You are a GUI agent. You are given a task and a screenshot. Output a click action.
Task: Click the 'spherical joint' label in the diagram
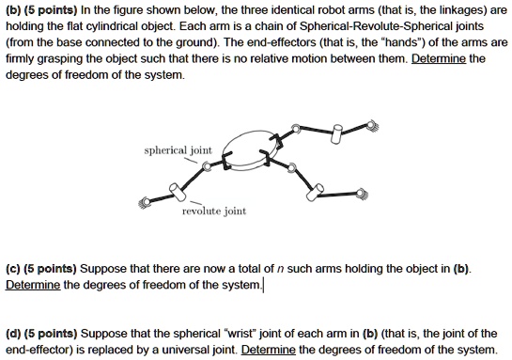coord(178,150)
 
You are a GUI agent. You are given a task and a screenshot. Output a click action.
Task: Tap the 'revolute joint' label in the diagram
coord(215,211)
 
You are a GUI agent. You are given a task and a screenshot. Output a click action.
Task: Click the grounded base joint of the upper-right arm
coord(373,123)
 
